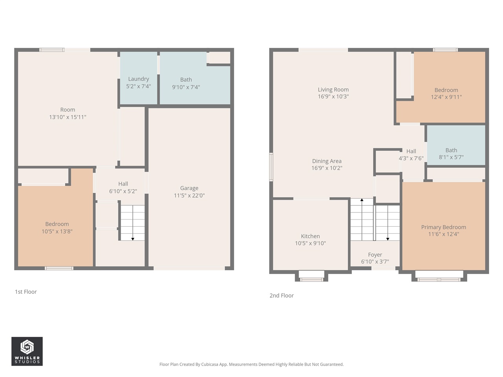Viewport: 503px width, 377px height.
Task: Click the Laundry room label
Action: click(138, 79)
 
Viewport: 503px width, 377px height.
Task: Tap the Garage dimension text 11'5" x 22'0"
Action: click(189, 196)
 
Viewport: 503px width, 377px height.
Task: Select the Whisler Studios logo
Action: click(27, 351)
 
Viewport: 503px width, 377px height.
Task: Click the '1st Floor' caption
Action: click(26, 292)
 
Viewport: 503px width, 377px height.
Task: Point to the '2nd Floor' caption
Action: click(281, 296)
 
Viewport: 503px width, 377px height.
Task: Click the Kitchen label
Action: click(310, 236)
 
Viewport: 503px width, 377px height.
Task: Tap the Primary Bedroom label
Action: click(443, 227)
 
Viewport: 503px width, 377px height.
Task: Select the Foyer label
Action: click(375, 255)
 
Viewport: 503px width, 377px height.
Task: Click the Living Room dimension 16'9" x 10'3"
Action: click(333, 97)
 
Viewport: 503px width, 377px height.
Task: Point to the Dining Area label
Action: click(327, 161)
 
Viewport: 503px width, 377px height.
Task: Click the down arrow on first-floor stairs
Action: click(133, 238)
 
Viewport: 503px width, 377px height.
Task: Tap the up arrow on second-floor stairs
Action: click(362, 200)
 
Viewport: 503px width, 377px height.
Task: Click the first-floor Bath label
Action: click(186, 80)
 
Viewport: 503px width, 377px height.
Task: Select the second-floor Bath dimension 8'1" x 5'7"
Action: click(451, 157)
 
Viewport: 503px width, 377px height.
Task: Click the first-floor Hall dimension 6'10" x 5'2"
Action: click(123, 191)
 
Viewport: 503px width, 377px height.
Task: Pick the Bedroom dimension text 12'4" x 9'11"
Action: click(446, 97)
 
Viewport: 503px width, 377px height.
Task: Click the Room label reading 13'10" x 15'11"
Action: click(68, 113)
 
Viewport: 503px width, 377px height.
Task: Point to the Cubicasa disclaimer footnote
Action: click(251, 364)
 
